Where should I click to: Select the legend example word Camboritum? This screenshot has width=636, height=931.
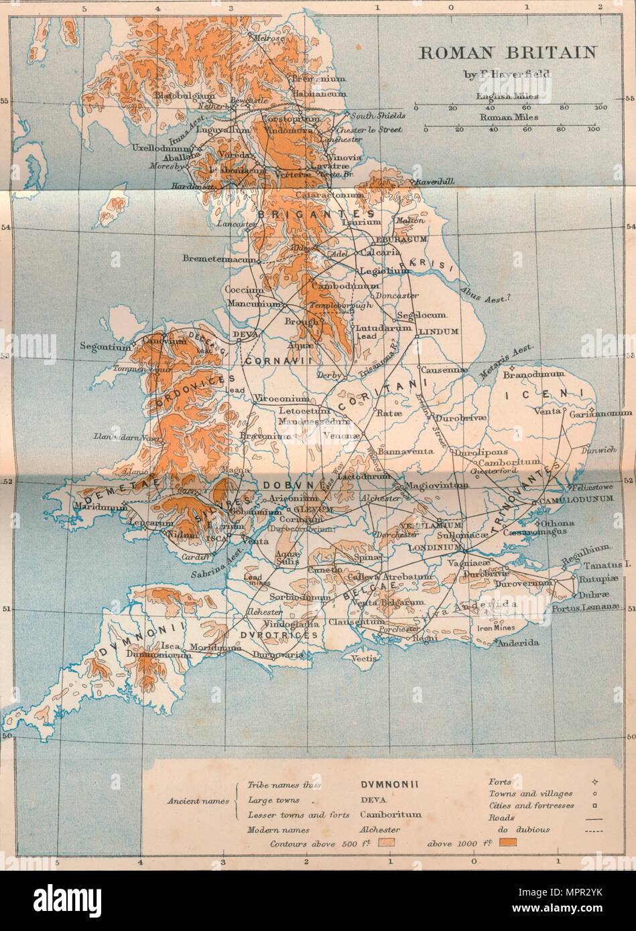[390, 815]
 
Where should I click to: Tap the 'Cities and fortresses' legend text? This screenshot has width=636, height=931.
[531, 805]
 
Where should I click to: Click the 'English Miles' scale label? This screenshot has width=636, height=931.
[509, 96]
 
